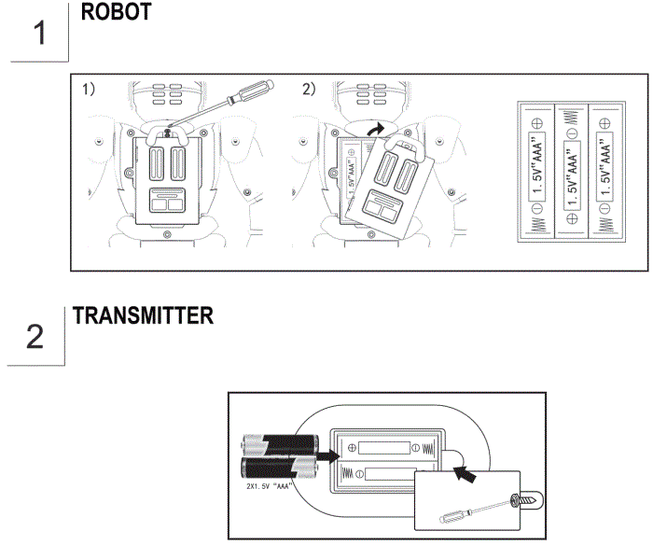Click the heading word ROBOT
117,14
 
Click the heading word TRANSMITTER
143,316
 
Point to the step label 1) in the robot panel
89,90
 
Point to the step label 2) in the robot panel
309,90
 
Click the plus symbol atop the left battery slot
536,122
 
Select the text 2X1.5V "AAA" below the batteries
267,486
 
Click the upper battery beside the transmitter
277,445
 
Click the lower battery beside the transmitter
277,468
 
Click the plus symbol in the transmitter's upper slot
353,448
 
